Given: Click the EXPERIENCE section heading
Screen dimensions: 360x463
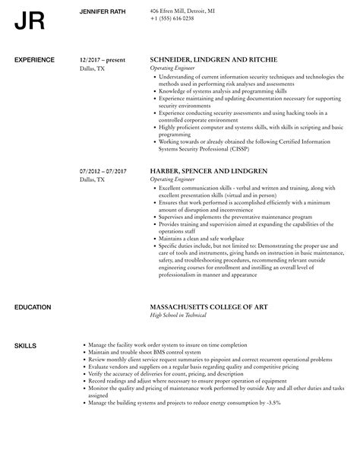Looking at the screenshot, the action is click(x=35, y=59).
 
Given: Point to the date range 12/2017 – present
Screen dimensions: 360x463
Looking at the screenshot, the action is click(x=103, y=59).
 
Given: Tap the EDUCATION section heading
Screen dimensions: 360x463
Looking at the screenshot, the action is click(x=33, y=306).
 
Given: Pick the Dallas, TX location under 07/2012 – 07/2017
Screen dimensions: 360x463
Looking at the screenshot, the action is click(x=93, y=171).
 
